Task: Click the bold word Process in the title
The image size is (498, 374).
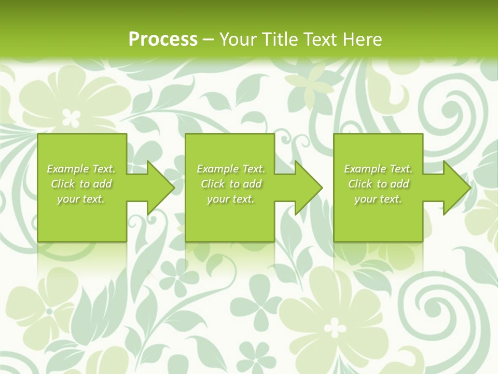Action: pos(163,39)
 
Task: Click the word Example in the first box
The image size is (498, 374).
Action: pos(67,169)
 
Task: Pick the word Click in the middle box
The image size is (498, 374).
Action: pos(212,184)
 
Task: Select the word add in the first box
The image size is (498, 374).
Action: pos(103,184)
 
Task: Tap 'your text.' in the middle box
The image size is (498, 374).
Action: pos(230,199)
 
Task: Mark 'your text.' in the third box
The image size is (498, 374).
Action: pos(378,199)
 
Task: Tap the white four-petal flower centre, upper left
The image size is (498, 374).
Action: pos(71,117)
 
